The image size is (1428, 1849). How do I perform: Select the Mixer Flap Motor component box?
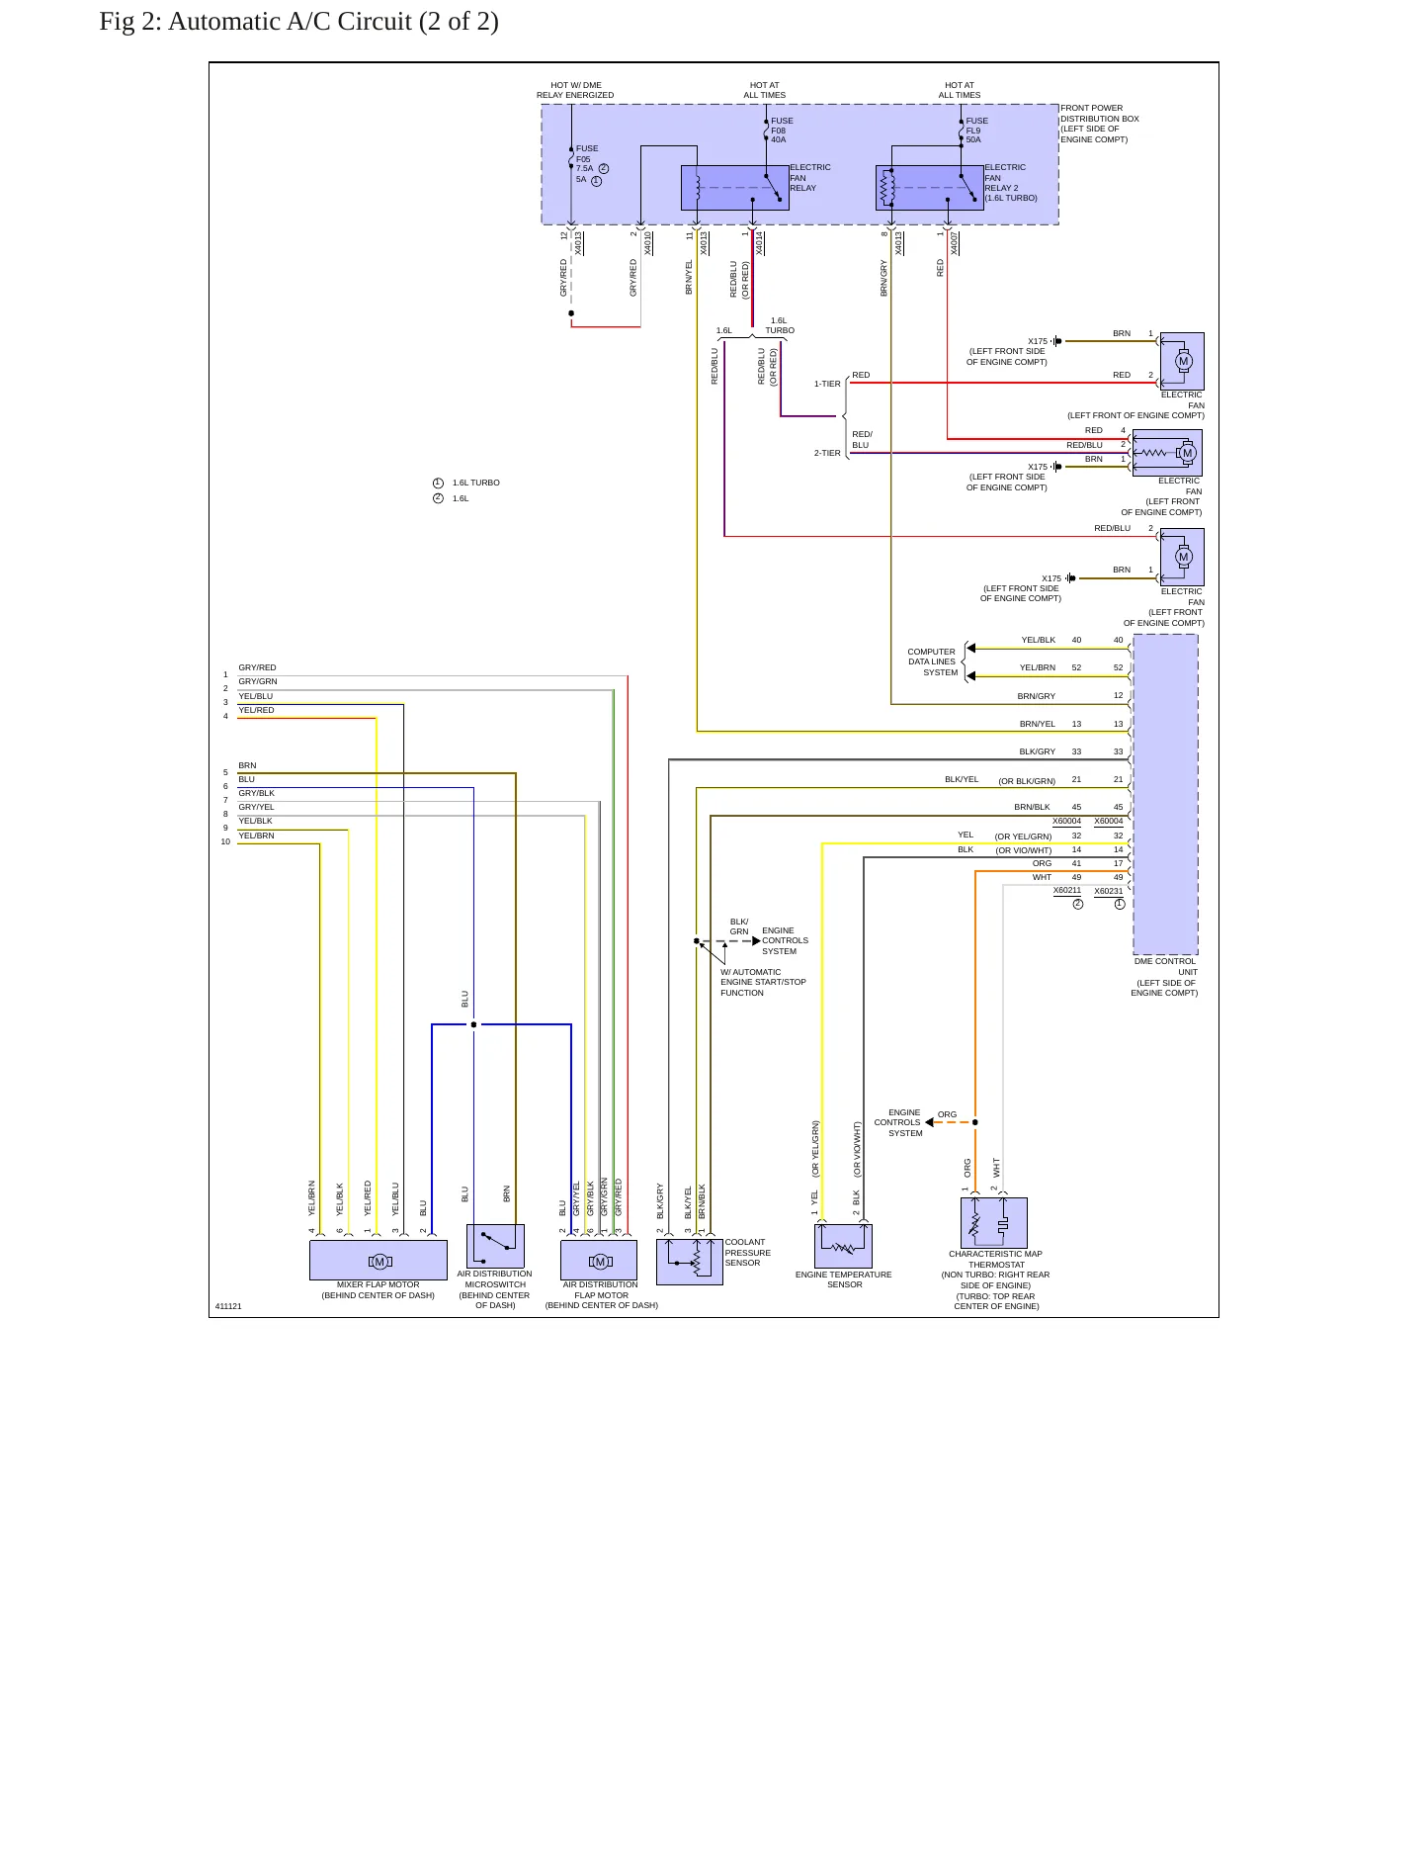tap(378, 1261)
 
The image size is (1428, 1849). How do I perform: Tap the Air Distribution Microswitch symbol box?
tap(495, 1247)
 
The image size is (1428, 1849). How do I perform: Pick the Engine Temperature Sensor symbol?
tap(843, 1246)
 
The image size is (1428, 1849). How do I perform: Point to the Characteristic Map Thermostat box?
tap(994, 1223)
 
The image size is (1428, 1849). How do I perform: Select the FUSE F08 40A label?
tap(782, 131)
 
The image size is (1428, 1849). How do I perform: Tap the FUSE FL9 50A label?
tap(976, 131)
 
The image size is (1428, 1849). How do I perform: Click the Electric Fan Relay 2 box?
tap(930, 188)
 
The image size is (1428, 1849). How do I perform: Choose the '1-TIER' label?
tap(827, 384)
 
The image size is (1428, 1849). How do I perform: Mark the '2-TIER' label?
tap(827, 453)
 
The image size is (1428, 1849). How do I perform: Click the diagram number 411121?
tap(228, 1306)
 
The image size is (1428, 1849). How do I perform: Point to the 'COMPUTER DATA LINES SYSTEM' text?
tap(933, 662)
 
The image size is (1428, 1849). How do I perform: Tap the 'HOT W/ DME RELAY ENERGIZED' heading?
tap(575, 90)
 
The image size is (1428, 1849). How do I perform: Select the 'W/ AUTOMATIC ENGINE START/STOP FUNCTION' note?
tap(763, 982)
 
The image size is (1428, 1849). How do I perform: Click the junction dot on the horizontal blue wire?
tap(473, 1024)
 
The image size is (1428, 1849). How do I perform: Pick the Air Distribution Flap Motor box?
tap(599, 1261)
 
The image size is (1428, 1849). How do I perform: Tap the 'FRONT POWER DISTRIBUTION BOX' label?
tap(1100, 124)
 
